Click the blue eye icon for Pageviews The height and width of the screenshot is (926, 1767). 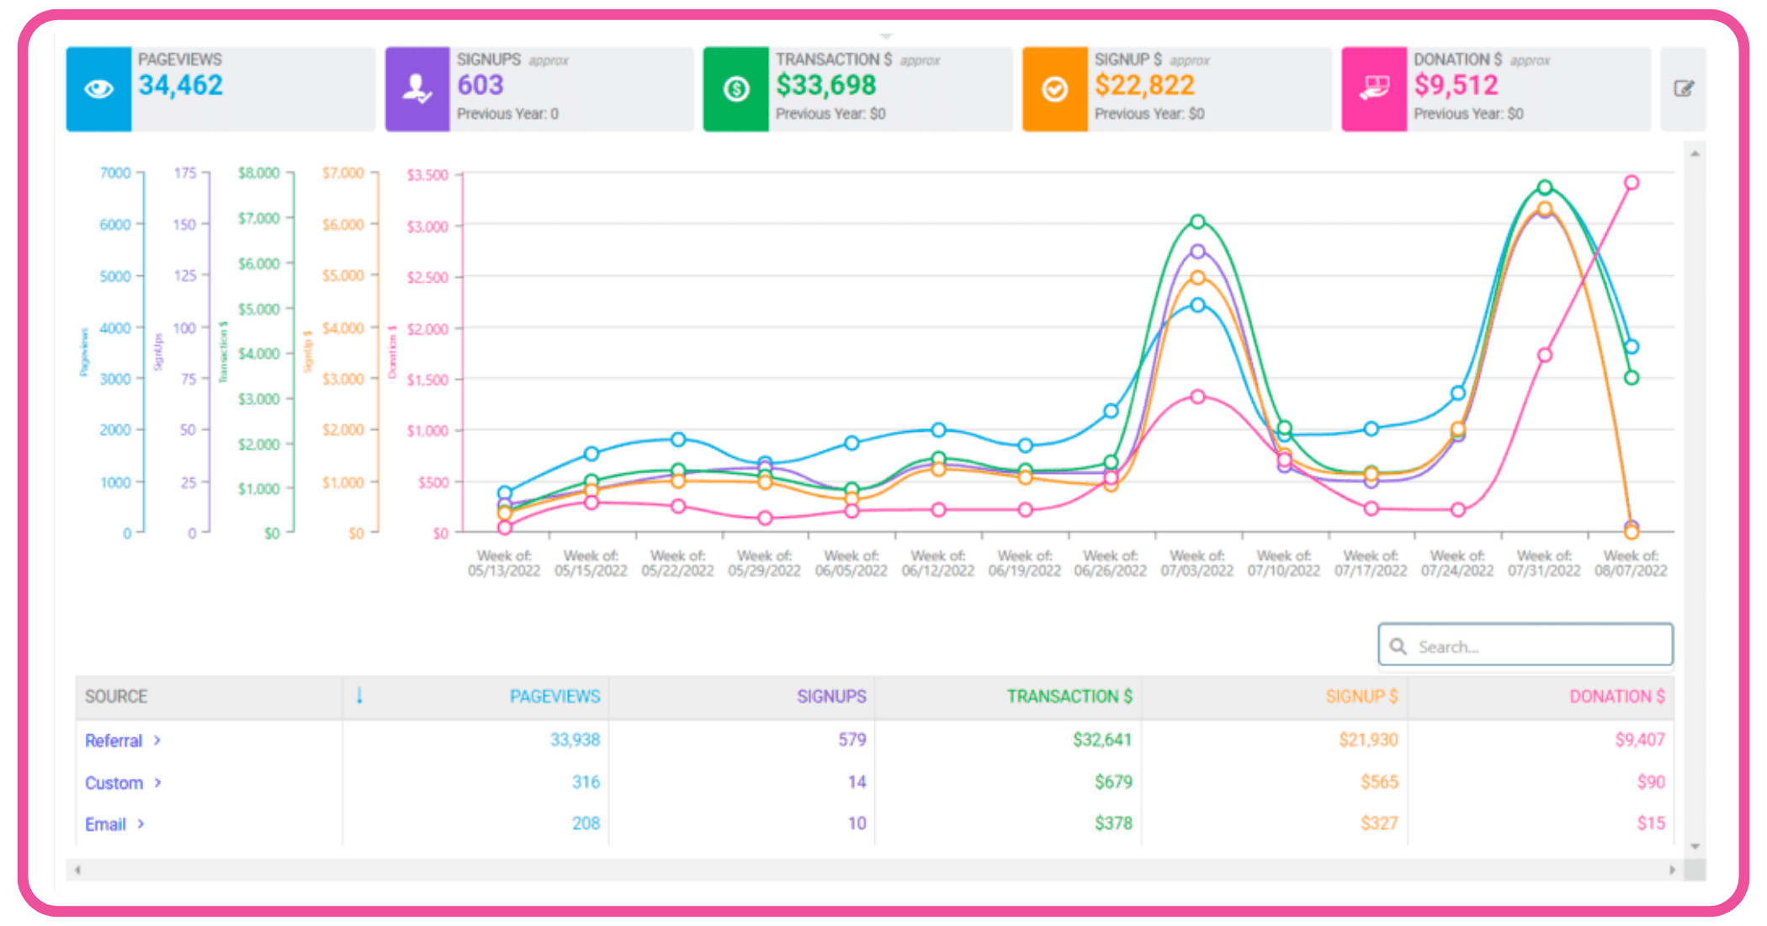[98, 88]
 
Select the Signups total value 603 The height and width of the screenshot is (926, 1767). [480, 85]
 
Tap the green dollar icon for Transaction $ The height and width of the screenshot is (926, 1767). [736, 88]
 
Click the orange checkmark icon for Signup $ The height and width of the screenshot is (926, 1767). [1054, 88]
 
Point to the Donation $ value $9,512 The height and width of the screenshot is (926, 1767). [1456, 85]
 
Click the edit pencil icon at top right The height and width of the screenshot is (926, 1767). [1683, 88]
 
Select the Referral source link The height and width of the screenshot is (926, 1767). [114, 741]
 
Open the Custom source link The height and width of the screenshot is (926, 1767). [114, 783]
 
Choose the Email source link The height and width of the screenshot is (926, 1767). [105, 824]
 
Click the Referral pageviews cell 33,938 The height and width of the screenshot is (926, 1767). [575, 740]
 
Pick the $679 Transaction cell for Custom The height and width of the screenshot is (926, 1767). [1113, 782]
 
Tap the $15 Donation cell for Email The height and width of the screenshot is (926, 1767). [1650, 823]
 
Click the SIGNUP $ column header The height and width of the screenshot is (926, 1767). [1361, 696]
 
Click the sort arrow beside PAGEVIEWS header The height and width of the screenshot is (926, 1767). [359, 695]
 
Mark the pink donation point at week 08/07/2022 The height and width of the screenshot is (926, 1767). [1631, 183]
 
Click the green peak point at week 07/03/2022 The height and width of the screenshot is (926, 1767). [1197, 221]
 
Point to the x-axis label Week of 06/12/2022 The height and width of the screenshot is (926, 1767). [937, 563]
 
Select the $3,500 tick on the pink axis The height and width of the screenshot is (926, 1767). [427, 175]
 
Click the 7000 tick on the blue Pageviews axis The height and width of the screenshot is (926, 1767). [115, 173]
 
